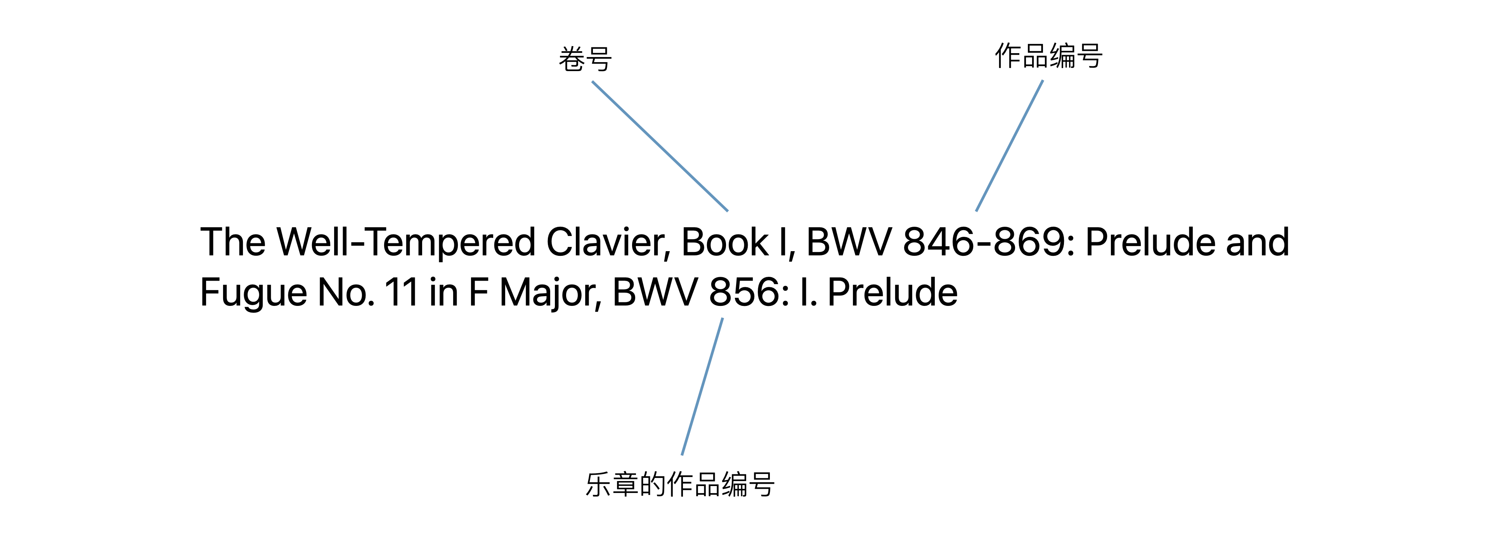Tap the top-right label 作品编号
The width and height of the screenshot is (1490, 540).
click(x=1048, y=56)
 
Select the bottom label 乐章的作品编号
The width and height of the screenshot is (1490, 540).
click(x=680, y=484)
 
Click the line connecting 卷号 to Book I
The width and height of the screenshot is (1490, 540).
click(x=659, y=146)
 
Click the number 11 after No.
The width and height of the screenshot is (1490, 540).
click(x=402, y=292)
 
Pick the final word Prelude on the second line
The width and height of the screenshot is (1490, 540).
click(x=892, y=292)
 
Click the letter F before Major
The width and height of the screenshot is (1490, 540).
click(x=478, y=292)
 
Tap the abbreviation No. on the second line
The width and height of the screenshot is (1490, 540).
click(x=346, y=292)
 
